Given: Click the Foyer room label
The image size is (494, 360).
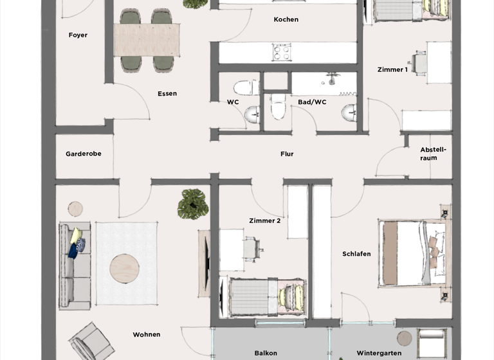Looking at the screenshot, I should pos(78,35).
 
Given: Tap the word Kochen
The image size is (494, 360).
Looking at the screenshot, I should pos(286,20).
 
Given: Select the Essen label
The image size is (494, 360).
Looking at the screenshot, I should pos(167,94).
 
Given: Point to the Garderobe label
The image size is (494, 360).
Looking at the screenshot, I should pos(84,154).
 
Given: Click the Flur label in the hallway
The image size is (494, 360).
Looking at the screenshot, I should pos(287,154).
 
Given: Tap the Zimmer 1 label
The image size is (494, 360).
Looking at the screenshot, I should pos(392,69).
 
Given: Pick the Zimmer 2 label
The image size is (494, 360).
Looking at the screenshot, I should pos(265,221).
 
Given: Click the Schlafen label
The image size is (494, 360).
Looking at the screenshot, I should pos(356,254).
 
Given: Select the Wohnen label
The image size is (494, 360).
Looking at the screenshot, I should pos(147,334).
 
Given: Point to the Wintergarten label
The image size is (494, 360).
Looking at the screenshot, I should pos(379,353).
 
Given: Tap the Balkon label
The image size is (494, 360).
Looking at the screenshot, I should pos(266,353).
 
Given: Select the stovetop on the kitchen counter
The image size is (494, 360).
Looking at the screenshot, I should pos(282,51).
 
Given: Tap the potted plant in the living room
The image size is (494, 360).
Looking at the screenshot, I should pos(193,204).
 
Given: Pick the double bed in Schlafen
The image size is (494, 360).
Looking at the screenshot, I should pos(412,253).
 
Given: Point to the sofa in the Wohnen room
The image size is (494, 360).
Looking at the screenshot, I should pos(75,265).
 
